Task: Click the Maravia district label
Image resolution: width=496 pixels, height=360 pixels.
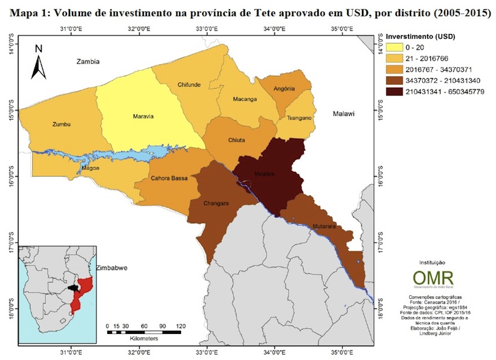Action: [143, 116]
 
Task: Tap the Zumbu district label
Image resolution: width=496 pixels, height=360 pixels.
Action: [62, 125]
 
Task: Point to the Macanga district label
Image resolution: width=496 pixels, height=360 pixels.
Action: [244, 99]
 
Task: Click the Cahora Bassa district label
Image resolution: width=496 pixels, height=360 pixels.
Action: [169, 179]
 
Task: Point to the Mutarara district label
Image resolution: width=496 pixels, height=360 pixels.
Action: [324, 227]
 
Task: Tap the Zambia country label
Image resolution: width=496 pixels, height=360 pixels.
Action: [87, 62]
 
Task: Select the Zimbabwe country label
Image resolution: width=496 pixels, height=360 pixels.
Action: [112, 268]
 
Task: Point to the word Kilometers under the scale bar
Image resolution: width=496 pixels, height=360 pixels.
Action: [144, 339]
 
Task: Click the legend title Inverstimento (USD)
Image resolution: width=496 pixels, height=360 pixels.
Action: [422, 36]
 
